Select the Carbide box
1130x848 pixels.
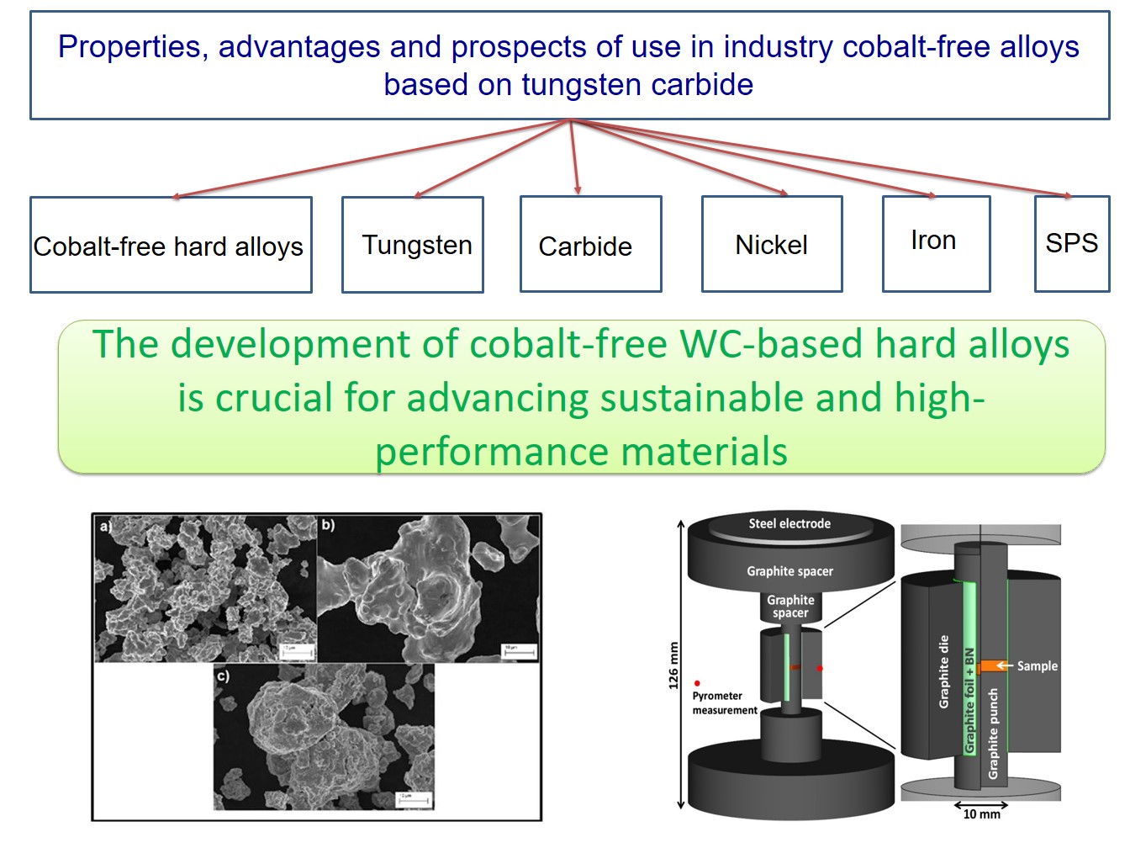(x=590, y=245)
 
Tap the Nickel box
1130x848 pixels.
(x=772, y=245)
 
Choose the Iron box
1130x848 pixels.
(x=935, y=241)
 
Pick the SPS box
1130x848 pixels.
(x=1072, y=243)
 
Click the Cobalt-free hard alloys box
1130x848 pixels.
(x=170, y=246)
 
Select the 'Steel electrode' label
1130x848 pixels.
(x=789, y=523)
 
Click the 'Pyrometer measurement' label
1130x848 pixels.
(x=723, y=703)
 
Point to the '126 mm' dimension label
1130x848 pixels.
(x=673, y=666)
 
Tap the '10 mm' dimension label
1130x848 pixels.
(x=981, y=814)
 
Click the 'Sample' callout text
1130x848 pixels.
(x=1038, y=665)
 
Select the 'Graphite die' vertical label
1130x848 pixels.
(x=944, y=671)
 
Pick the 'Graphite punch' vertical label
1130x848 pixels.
(x=993, y=733)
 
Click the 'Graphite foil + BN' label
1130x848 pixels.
(x=969, y=701)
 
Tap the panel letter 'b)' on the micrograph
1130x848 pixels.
(x=328, y=525)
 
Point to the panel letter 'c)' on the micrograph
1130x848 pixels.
(x=223, y=676)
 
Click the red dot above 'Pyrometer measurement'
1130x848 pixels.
(x=697, y=683)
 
